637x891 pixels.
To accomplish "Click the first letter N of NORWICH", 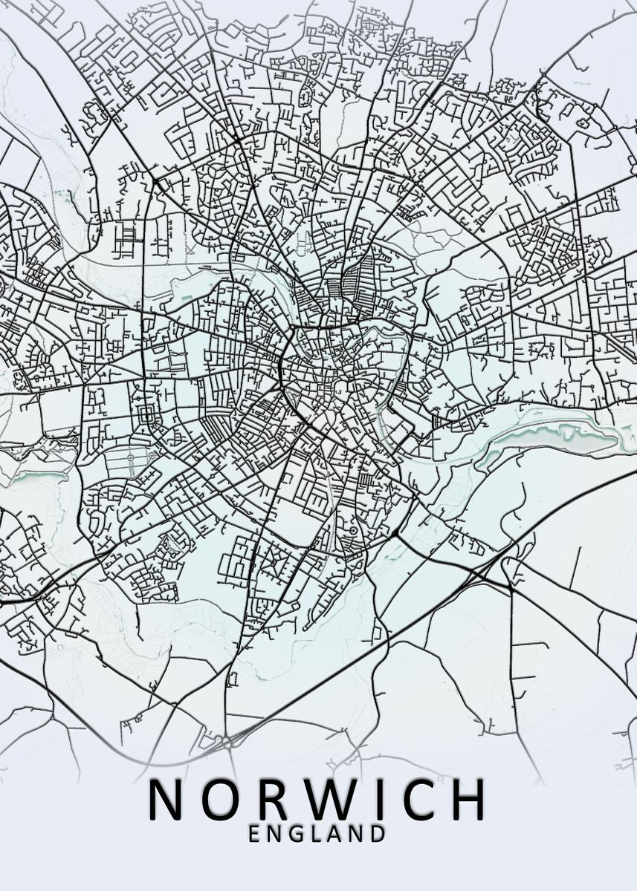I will point(168,800).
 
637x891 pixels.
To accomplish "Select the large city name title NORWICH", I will point(318,800).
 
